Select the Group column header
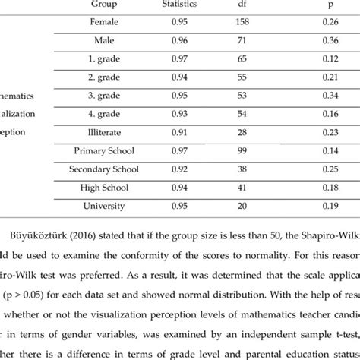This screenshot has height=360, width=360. coord(103,5)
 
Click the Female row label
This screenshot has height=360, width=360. coord(103,22)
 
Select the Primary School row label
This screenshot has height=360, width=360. coord(103,151)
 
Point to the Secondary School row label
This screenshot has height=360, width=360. coord(103,169)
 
